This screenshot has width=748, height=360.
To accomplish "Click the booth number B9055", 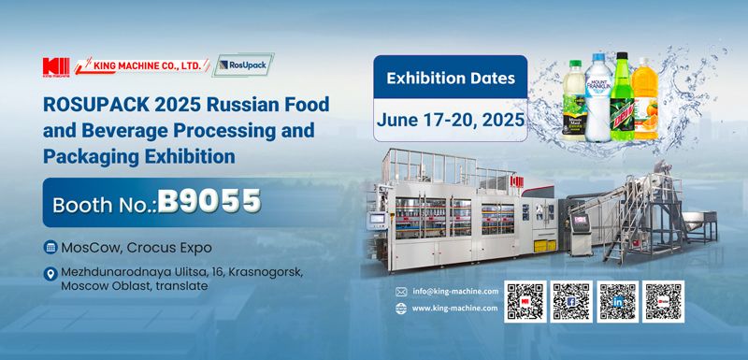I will (209, 200).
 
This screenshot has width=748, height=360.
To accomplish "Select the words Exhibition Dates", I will (450, 78).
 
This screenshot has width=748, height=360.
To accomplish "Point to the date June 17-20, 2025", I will (450, 120).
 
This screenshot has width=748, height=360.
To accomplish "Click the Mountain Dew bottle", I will (622, 97).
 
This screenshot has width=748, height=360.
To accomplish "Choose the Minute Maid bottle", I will (573, 101).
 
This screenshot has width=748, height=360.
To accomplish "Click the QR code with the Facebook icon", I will (571, 301).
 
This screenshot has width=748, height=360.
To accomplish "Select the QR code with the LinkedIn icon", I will (618, 301).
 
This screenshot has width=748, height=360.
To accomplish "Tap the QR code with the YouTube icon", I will (664, 301).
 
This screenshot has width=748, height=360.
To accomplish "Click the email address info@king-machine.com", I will (455, 291).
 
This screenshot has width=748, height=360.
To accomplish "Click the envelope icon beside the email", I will (401, 291).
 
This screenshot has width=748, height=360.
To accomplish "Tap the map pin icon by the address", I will (50, 274).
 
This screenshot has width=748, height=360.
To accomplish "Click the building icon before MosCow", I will (50, 247).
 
